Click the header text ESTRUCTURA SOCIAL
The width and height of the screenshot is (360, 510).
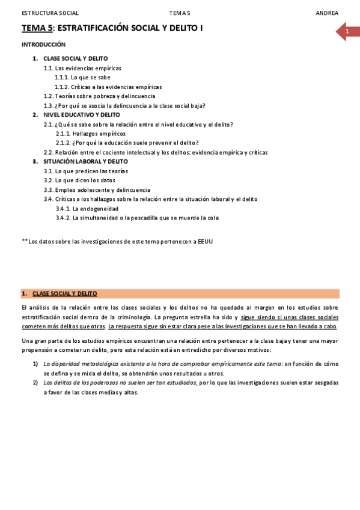pos(50,13)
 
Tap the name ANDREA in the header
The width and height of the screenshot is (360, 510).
pos(327,13)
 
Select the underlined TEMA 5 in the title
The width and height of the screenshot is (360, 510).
pos(37,28)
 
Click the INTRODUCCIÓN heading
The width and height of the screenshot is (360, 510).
pos(43,45)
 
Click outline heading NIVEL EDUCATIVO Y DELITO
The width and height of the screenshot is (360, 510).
pos(82,115)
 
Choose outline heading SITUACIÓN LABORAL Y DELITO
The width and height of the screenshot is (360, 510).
pos(85,162)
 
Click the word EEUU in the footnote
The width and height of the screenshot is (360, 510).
pos(205,241)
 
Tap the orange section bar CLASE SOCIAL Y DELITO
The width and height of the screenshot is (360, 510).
pos(180,293)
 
